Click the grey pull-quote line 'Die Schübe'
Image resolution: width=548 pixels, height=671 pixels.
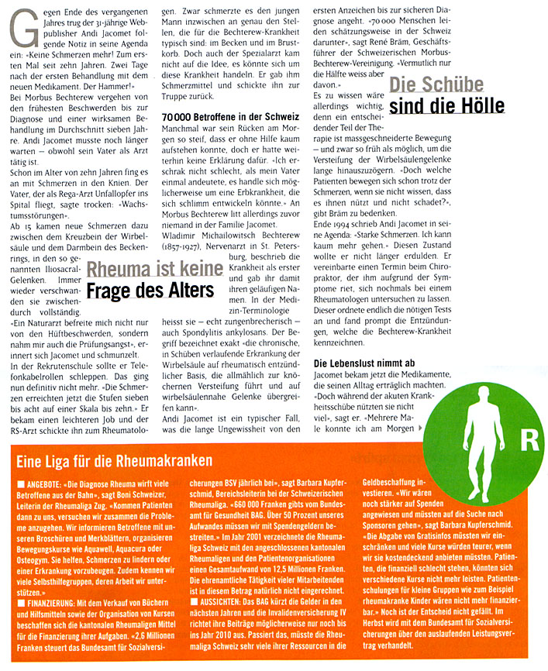point(436,85)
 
